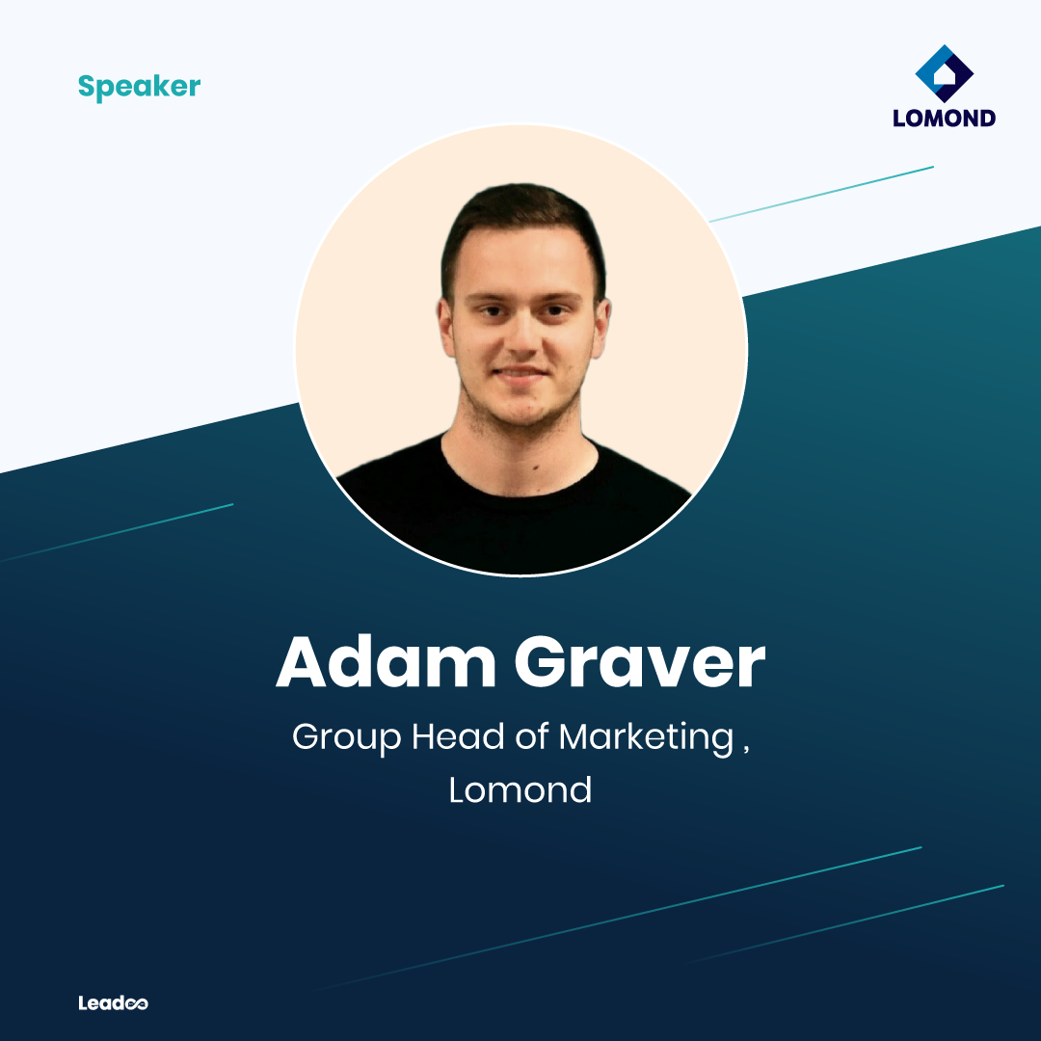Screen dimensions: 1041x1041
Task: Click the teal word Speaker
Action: [x=140, y=87]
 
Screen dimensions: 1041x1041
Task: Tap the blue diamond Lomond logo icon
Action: [x=944, y=73]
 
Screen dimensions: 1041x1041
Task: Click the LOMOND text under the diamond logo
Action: [x=944, y=119]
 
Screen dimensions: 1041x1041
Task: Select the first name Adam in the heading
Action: [x=386, y=662]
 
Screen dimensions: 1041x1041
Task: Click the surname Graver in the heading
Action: [x=640, y=662]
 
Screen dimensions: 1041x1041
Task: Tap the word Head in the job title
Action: [x=458, y=736]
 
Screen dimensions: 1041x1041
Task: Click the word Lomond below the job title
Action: [x=520, y=790]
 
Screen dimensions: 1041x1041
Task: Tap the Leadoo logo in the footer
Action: [x=113, y=1002]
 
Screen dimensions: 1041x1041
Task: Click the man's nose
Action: [x=522, y=335]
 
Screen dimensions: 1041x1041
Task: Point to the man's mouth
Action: [x=520, y=373]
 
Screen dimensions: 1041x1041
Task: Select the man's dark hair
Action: [x=523, y=226]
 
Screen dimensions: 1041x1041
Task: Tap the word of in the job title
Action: [x=531, y=736]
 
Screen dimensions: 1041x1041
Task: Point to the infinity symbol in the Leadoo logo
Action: [x=136, y=1003]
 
